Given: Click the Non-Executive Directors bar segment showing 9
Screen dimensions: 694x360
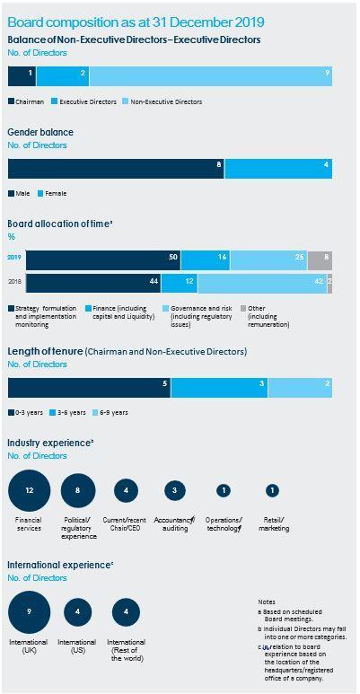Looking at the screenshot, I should (x=211, y=75).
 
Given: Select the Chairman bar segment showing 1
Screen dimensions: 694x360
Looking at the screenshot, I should (x=22, y=75).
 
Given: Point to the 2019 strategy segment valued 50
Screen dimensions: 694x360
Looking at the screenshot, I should (x=103, y=260).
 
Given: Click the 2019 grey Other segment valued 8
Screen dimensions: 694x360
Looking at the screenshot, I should (x=320, y=260).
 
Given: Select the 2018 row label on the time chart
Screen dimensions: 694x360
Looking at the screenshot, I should (x=15, y=284).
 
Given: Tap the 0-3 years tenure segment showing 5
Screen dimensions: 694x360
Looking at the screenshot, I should (x=89, y=387).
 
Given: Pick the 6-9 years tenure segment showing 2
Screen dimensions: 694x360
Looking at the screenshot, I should (x=300, y=387).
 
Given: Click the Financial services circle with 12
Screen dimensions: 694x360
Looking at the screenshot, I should (x=30, y=490).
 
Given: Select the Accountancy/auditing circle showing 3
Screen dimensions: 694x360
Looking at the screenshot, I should (x=174, y=490).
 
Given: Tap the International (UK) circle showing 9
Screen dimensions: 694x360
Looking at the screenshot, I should (x=30, y=611).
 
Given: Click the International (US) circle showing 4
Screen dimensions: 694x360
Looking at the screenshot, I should (x=76, y=611).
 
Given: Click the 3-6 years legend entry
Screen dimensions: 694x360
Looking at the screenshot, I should (x=67, y=413).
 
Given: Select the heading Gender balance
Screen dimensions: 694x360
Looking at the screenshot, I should (x=40, y=132).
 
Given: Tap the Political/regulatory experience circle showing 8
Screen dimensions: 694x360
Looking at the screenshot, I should (x=78, y=490).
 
